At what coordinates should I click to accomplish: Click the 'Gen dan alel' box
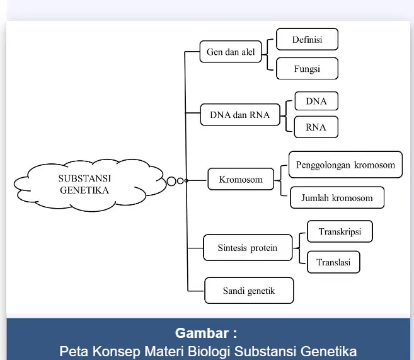point(231,52)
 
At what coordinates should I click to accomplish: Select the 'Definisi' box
point(307,39)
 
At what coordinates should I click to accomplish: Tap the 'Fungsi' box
point(307,69)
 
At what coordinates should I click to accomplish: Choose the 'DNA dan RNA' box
point(240,115)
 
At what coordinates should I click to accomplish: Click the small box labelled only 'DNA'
point(316,101)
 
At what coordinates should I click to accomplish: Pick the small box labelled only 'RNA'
point(316,127)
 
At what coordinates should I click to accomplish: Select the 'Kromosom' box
point(241,179)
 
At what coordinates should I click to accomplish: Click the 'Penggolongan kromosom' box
point(345,165)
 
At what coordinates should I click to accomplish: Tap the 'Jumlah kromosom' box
point(337,197)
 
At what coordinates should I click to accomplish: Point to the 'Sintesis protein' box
point(248,248)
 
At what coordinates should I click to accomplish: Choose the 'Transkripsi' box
point(340,231)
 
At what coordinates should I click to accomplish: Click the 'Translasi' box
point(333,262)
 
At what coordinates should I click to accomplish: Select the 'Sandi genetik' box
point(249,291)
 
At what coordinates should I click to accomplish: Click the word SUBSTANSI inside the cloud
point(84,178)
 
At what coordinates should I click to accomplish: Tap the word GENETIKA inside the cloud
point(84,190)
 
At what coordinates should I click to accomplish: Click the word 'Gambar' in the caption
point(202,333)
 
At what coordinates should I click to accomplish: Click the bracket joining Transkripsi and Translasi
point(299,248)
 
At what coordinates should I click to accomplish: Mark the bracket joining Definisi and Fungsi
point(267,55)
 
